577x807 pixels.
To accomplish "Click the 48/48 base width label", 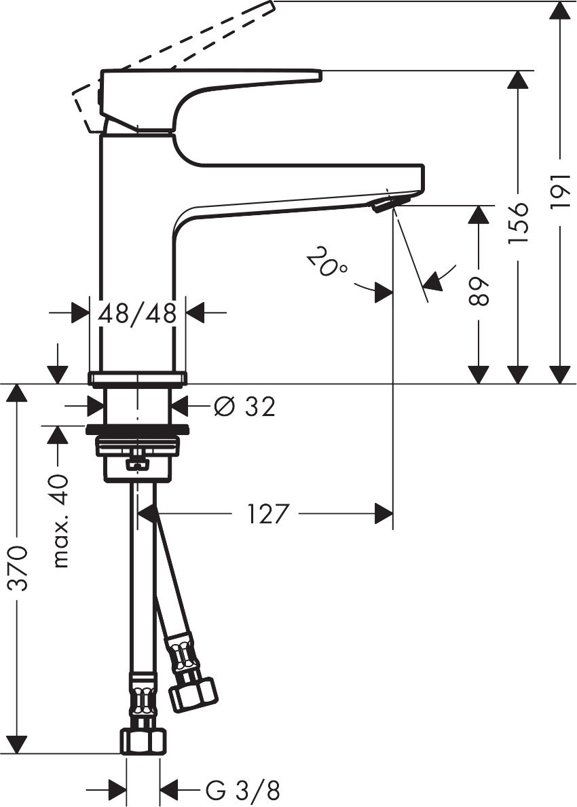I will coord(138,313).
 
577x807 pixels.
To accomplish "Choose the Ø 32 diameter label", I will coord(244,407).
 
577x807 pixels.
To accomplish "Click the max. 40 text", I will coord(61,521).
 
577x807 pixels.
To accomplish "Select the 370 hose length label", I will coord(19,567).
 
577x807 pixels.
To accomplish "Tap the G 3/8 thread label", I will coord(242,790).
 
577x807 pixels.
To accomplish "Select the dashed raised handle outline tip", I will coord(266,7).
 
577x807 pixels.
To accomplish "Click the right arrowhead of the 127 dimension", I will coord(384,514).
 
